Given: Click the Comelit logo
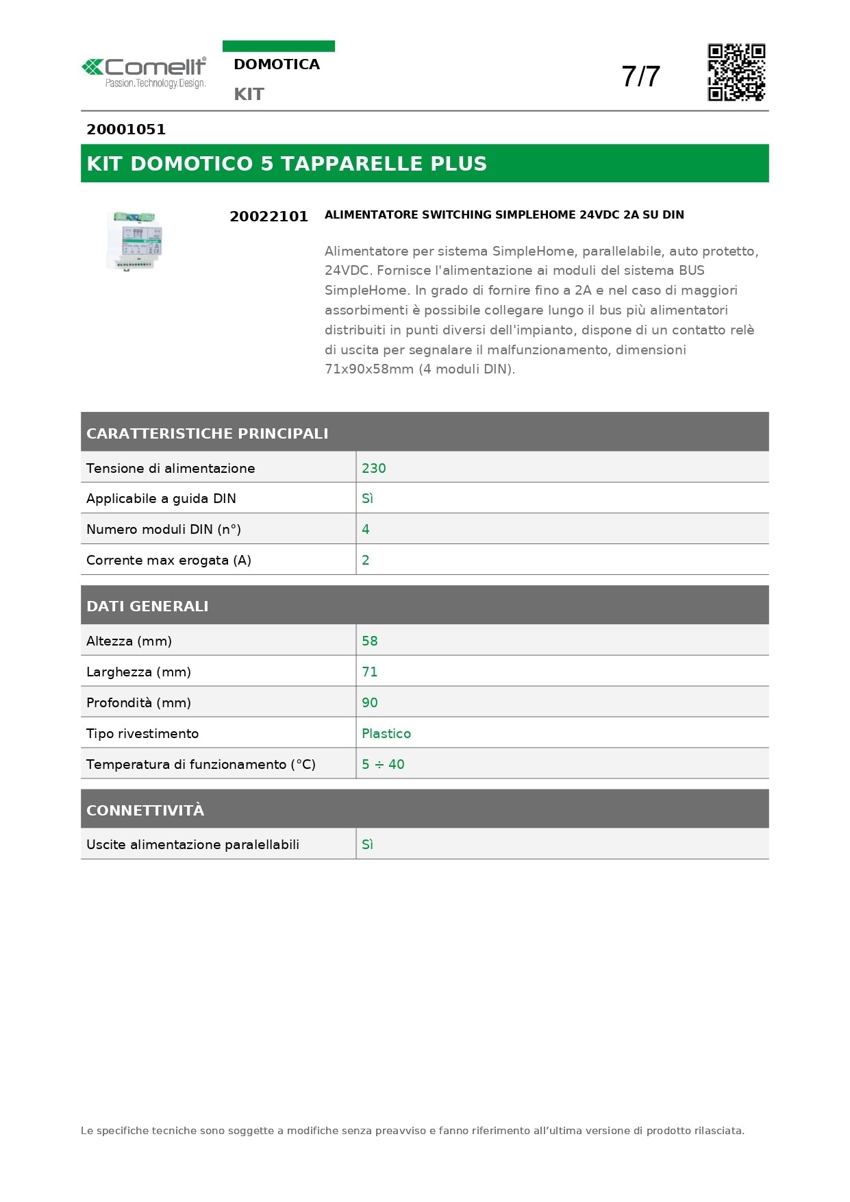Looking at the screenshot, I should coord(145,73).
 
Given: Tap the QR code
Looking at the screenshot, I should coord(736,73).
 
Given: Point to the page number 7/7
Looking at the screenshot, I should coord(640,77).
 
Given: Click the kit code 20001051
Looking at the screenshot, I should coord(126,130).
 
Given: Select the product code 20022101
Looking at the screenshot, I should coord(268,217).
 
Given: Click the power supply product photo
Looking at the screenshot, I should coord(135,241).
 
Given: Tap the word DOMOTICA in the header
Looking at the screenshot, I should coord(277,64).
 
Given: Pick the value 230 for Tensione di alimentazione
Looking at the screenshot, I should coord(374,468).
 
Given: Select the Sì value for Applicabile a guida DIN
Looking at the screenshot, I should coord(368,499).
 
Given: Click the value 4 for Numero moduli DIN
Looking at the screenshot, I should coord(366,529).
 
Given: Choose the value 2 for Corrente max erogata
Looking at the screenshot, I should coord(366,560).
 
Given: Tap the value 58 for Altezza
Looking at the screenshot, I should coord(370,641).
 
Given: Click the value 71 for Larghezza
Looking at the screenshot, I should coord(370,672).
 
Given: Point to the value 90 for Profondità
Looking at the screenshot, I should coord(370,702).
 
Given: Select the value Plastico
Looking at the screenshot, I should coord(386,733).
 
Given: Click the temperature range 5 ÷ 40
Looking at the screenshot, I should coord(383,764).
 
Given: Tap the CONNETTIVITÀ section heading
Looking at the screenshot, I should coord(145,810).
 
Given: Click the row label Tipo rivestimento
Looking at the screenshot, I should coord(142,733).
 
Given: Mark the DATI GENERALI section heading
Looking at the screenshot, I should coord(147,606).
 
